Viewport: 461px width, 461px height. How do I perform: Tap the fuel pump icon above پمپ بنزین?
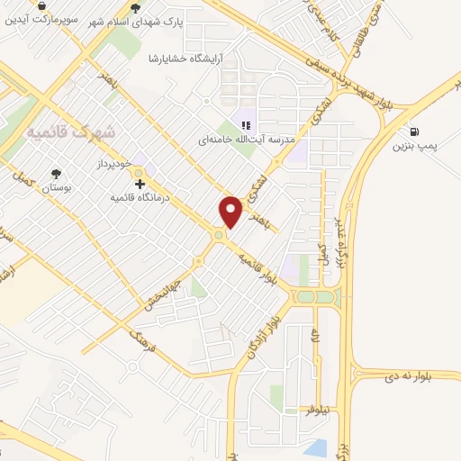(x=413, y=131)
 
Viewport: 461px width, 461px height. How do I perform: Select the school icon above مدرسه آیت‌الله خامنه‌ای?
(x=244, y=126)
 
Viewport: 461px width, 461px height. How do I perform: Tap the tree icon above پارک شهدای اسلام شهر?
(x=136, y=8)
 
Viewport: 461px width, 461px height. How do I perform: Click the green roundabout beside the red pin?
(x=218, y=236)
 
